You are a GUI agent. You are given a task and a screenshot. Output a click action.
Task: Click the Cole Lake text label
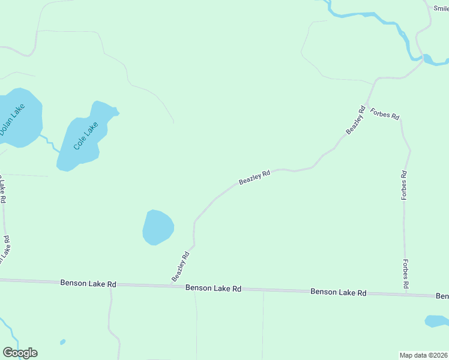tap(85, 135)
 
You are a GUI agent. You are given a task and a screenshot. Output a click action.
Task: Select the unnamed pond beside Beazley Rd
tap(158, 227)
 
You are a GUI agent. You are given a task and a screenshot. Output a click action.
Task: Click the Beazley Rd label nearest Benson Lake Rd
tap(181, 266)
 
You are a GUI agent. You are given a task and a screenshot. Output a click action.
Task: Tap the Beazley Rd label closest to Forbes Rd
tap(356, 120)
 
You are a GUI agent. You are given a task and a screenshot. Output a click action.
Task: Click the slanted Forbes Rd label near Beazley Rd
tap(385, 114)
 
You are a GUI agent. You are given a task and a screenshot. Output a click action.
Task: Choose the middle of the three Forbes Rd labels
tap(405, 184)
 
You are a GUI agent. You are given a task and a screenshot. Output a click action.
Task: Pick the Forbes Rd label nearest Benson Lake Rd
tap(406, 274)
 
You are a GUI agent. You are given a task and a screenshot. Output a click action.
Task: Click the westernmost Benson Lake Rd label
tap(88, 283)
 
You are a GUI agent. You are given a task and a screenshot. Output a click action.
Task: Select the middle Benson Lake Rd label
tap(213, 288)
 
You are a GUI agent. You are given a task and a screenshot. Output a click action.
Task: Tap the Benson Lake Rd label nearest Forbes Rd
tap(338, 292)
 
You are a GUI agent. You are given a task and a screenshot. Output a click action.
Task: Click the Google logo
tap(20, 353)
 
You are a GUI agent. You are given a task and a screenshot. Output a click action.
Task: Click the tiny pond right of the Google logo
tap(62, 342)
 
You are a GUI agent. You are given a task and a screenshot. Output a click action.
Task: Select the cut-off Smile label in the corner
tap(441, 8)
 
